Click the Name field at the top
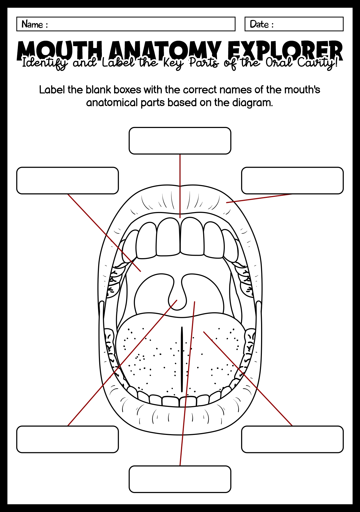click(126, 24)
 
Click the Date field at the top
click(294, 24)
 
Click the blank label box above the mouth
click(180, 141)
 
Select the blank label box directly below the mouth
click(180, 479)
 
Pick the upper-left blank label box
click(67, 181)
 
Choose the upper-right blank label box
click(293, 181)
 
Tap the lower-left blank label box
click(67, 439)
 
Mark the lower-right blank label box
click(293, 439)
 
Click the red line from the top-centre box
click(180, 186)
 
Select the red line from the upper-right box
click(259, 198)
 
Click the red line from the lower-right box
click(248, 379)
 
